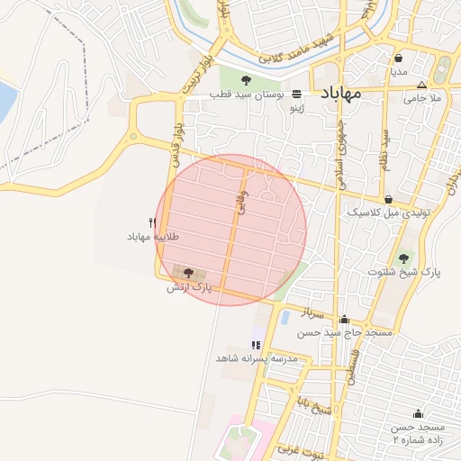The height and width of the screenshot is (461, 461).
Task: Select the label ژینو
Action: [296, 108]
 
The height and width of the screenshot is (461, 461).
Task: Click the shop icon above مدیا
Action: [398, 58]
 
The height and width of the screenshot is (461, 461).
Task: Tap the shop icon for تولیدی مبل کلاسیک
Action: [388, 200]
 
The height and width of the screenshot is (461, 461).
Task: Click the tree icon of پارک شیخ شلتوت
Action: [402, 258]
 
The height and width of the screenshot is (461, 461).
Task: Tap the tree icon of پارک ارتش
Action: [188, 273]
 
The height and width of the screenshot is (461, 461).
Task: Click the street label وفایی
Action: [240, 204]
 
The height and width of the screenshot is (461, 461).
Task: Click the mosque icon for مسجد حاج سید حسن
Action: [344, 319]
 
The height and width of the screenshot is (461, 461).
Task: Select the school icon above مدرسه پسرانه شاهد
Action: [257, 345]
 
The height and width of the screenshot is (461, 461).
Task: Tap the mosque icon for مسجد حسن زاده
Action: [418, 413]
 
